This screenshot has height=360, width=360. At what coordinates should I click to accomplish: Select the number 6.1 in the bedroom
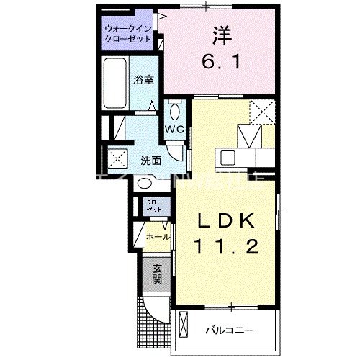click(x=221, y=63)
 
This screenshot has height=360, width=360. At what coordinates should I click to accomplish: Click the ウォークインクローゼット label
click(x=127, y=34)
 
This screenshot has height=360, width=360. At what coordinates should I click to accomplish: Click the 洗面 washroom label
click(x=150, y=161)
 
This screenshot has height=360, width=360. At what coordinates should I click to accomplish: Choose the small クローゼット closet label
click(x=155, y=205)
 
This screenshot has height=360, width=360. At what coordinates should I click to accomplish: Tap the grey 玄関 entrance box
click(x=156, y=273)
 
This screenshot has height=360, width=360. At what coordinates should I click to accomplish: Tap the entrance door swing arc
click(x=154, y=308)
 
